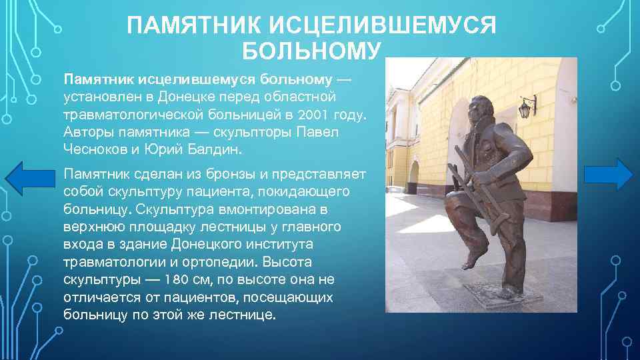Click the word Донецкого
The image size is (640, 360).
pyautogui.click(x=220, y=244)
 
